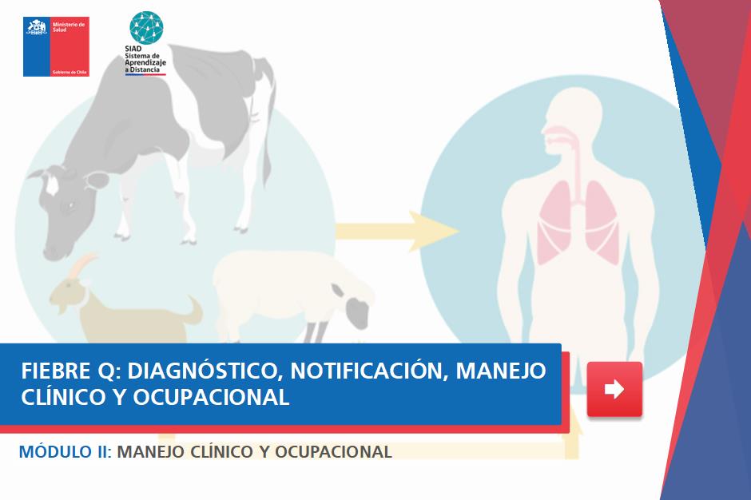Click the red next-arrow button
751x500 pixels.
point(614,389)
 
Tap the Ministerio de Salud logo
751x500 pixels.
point(56,46)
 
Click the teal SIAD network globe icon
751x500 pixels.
point(146,28)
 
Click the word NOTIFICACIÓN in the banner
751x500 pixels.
point(369,371)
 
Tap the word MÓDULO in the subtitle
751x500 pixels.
point(55,451)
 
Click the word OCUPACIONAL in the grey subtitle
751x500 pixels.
point(333,451)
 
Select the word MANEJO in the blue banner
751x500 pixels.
point(500,371)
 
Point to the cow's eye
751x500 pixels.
point(71,206)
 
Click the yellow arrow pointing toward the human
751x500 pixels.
point(396,231)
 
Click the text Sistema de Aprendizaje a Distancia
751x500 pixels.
point(145,63)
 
